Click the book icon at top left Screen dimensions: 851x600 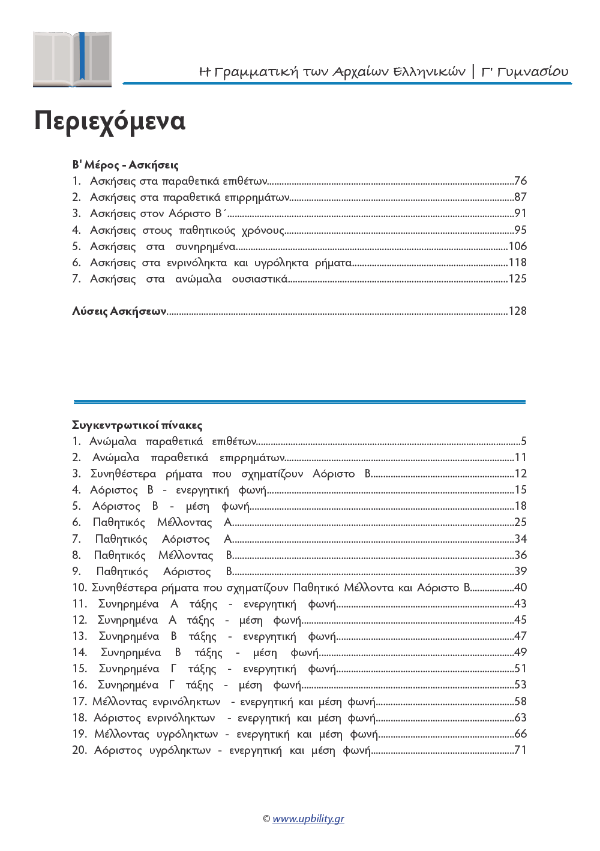[72, 59]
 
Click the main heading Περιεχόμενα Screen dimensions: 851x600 [110, 121]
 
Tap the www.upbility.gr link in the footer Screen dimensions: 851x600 [308, 819]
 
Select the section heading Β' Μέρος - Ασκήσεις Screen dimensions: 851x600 [125, 165]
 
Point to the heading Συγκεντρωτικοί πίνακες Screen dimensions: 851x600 [137, 425]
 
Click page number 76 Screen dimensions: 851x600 [520, 181]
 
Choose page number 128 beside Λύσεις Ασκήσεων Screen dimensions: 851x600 [517, 311]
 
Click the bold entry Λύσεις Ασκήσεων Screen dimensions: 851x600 [119, 311]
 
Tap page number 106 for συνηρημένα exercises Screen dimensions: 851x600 [517, 246]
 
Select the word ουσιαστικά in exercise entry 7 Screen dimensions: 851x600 [259, 279]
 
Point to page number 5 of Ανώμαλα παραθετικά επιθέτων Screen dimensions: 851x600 [523, 441]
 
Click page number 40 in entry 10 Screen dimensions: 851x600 [520, 588]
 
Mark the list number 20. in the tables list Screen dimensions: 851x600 [79, 750]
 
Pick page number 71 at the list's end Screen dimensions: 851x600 [520, 750]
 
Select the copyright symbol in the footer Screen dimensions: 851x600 [266, 819]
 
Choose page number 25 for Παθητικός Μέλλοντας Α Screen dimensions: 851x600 [520, 522]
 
